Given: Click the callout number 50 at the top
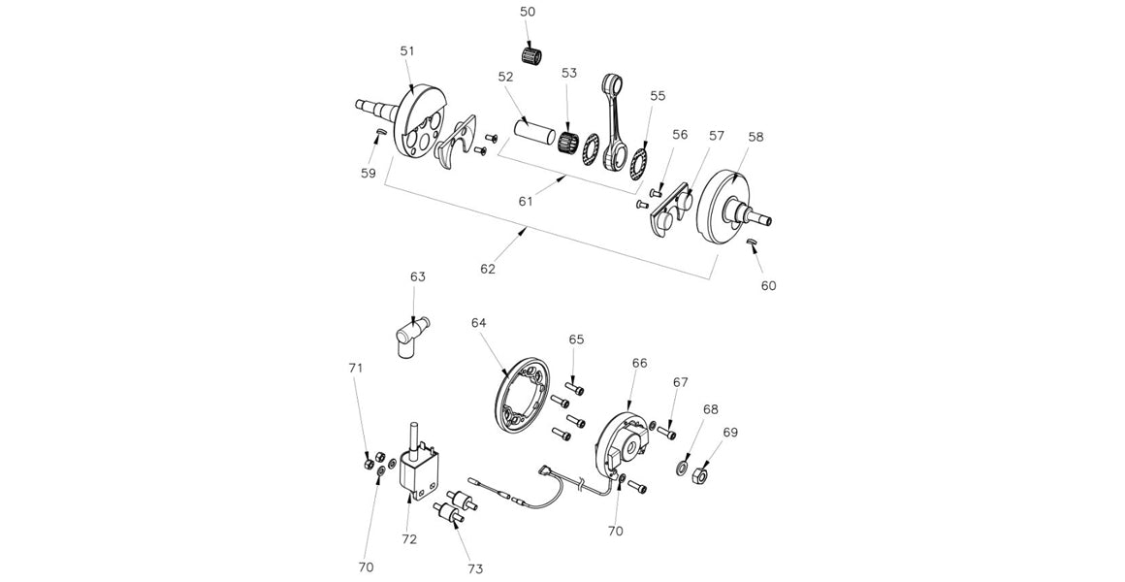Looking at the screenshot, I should coord(527,12).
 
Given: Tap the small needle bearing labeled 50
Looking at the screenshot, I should coord(531,55).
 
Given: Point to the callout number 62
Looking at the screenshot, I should coord(488,268).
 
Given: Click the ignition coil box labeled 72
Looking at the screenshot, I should coord(424,475).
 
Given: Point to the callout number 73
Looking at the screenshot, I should coord(474,568).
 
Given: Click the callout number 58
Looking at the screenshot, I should coord(755,137).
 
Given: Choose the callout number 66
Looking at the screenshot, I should coord(639,363).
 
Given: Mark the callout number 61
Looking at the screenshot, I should coord(526,201).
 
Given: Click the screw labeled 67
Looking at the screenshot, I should coord(666,433).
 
